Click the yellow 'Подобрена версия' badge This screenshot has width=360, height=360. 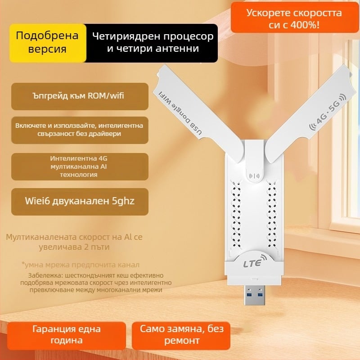coord(47,42)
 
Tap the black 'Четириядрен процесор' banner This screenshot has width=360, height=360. coord(153,42)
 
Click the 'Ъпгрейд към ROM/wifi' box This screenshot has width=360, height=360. coord(79,96)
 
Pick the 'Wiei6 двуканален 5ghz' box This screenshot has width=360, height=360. coord(79,200)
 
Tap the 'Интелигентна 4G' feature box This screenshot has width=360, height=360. coord(79,166)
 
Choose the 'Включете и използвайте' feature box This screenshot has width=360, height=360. coord(79,130)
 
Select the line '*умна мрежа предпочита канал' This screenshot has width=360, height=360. coord(80,265)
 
